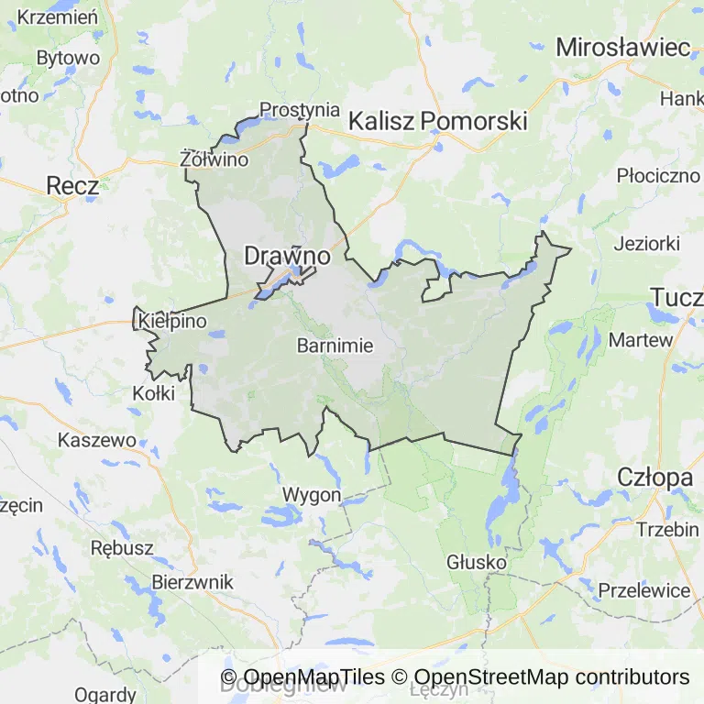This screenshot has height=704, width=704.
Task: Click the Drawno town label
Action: [287, 257]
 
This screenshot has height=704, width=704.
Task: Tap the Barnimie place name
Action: [335, 346]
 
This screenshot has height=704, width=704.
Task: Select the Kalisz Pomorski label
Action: [438, 120]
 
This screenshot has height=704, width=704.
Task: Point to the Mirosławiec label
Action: [623, 47]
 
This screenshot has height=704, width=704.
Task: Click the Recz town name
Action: [72, 186]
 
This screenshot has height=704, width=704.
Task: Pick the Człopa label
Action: [654, 478]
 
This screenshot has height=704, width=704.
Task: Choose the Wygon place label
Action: [312, 495]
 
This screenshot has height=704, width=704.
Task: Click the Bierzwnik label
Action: [192, 582]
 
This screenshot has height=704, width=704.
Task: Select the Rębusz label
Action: [122, 547]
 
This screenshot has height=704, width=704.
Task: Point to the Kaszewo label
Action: [96, 440]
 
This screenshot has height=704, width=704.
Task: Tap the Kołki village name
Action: [153, 393]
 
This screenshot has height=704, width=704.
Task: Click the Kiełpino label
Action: [173, 322]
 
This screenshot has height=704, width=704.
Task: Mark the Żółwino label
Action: [215, 159]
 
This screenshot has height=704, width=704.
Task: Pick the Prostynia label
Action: [300, 109]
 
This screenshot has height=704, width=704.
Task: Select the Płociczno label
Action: [658, 174]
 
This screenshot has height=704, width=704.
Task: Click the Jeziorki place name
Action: [646, 244]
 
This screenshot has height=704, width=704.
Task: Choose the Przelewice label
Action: [643, 590]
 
